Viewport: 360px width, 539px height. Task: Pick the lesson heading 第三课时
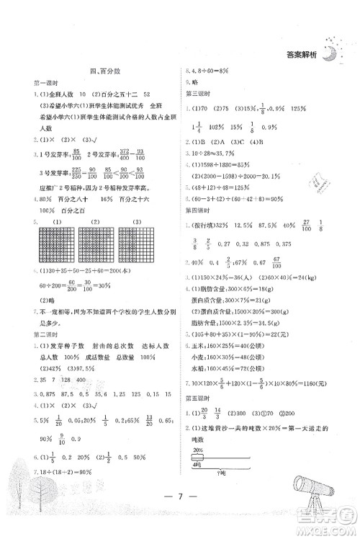coord(199,93)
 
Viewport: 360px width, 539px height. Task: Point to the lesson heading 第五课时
coord(199,415)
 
